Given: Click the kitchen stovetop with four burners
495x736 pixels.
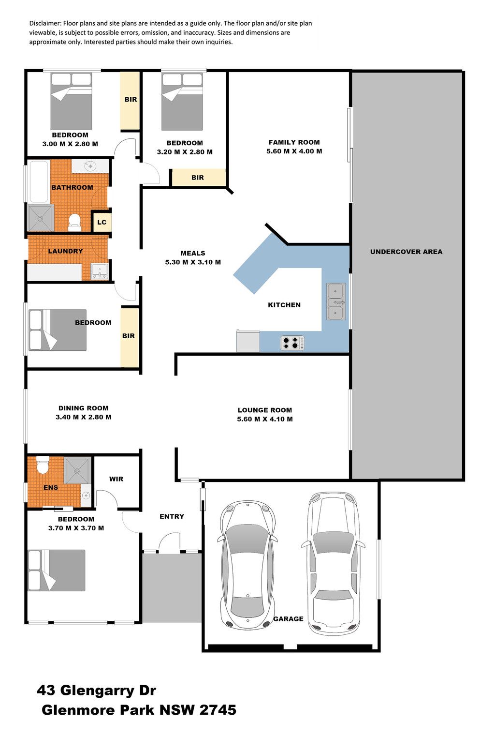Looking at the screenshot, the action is [292, 343].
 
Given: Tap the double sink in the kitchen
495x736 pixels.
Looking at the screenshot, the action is [336, 301].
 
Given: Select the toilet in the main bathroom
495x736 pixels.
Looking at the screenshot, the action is [75, 222].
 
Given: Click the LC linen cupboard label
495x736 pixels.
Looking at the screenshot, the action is [102, 222].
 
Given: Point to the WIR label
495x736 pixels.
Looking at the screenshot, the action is [116, 479].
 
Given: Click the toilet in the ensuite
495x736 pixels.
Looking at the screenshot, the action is [43, 465].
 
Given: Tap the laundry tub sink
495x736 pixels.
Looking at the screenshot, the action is [99, 271].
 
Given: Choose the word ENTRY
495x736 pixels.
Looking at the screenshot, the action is [172, 516].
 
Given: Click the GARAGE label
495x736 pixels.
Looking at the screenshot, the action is [288, 619].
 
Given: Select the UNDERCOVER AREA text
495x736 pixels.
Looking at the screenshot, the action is [407, 252].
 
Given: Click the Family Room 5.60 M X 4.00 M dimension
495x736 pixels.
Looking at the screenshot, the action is [294, 151].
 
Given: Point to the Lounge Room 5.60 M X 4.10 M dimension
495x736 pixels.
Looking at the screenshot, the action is [265, 419].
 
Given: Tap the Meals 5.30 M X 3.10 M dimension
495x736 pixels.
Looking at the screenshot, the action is [193, 262].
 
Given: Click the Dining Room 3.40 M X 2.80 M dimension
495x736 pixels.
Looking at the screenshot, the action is [83, 417].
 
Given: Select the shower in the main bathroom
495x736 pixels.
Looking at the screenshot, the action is [40, 218].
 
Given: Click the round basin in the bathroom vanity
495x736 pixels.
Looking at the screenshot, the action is [89, 166].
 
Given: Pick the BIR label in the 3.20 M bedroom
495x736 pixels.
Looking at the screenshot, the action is [198, 178].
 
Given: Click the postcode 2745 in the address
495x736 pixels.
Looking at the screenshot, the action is [218, 710].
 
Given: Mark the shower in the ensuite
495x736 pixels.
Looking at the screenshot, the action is [77, 471].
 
